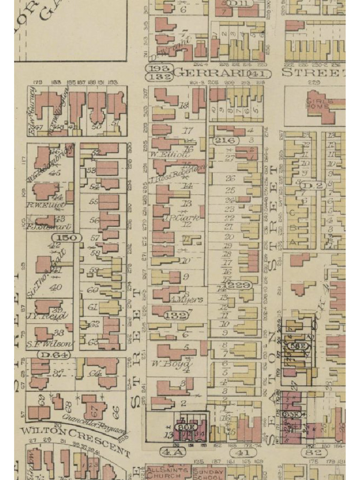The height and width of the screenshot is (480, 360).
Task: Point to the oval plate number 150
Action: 67,238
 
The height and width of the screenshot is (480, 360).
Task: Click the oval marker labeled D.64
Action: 54,355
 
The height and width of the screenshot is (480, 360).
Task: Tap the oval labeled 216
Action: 226,140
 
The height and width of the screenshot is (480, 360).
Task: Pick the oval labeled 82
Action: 314,452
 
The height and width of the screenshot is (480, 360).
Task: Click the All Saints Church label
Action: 163,472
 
